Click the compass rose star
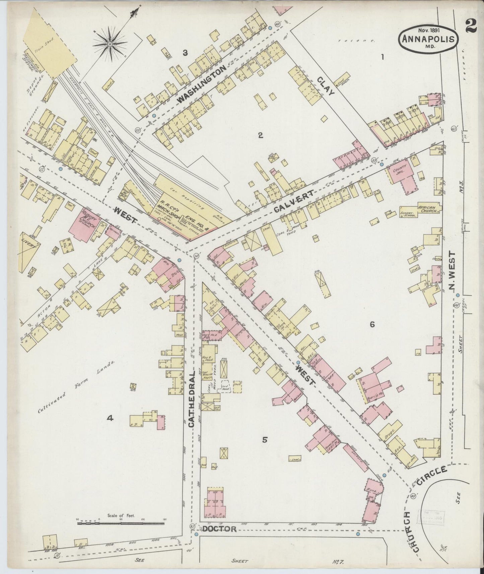[x=111, y=43]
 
